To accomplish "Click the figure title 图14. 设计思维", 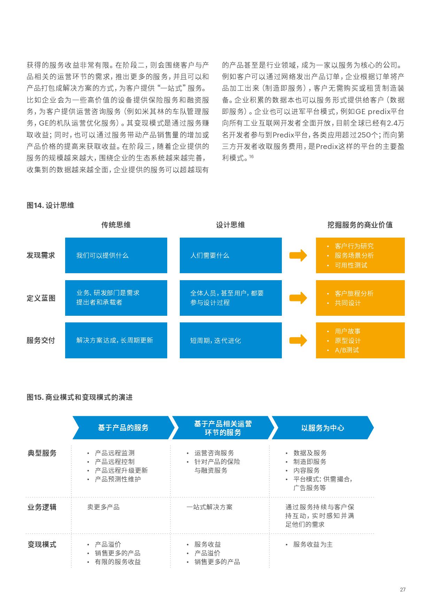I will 51,205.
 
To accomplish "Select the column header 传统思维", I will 116,225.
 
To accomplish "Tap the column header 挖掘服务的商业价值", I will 360,225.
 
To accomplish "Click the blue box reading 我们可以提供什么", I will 116,255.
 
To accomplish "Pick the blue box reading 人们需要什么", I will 231,255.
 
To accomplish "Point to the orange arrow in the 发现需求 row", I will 298,255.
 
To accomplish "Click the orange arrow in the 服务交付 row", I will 298,340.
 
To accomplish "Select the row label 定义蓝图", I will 41,298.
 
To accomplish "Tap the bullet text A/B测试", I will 347,350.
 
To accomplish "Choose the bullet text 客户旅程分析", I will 354,293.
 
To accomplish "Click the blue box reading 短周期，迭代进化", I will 231,340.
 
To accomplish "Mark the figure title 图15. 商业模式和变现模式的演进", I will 80,397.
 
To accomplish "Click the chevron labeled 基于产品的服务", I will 123,428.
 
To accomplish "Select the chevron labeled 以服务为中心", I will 322,428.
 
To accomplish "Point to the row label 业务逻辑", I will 42,507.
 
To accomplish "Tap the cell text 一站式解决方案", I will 209,507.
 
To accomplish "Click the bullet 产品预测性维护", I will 118,479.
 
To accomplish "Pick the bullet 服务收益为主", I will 313,544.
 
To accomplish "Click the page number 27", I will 403,590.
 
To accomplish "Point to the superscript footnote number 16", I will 251,157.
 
